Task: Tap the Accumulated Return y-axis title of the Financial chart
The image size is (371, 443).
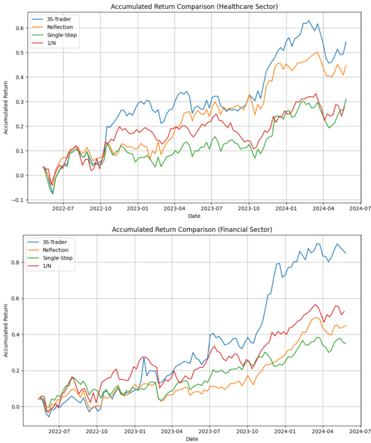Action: tap(5, 332)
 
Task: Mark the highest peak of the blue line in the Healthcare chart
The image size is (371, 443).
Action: tap(309, 21)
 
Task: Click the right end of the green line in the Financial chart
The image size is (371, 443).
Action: tap(346, 344)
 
